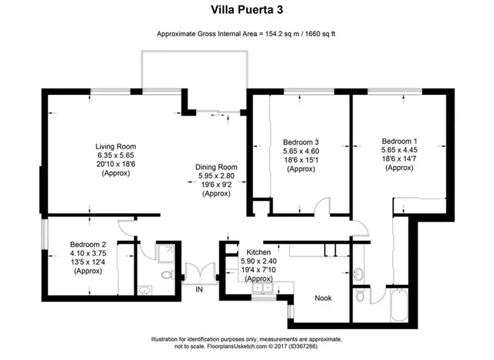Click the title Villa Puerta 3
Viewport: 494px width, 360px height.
click(246, 10)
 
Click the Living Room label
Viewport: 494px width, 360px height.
click(116, 147)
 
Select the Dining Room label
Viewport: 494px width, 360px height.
click(216, 167)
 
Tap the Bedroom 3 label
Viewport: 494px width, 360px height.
click(300, 142)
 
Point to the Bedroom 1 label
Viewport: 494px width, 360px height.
click(400, 141)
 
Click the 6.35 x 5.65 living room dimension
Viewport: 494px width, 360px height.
click(116, 156)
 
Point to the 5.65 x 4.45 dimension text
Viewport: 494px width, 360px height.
click(400, 151)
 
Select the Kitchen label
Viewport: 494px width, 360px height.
click(258, 253)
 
